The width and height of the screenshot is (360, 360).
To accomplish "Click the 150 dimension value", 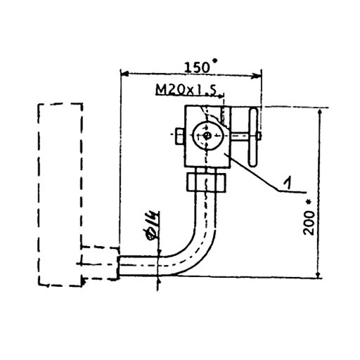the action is [197, 67].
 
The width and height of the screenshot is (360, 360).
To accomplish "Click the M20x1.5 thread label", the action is [186, 89].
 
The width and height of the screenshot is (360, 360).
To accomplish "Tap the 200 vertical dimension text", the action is [309, 223].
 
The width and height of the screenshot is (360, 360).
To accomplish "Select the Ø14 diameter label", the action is [152, 226].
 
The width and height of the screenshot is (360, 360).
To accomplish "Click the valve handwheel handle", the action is [253, 137].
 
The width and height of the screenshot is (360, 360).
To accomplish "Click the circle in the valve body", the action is [207, 136].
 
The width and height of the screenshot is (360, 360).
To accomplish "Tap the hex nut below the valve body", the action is [206, 182].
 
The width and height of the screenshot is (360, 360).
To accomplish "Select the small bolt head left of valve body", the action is [180, 136].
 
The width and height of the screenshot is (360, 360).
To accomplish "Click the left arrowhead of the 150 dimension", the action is [124, 74].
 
